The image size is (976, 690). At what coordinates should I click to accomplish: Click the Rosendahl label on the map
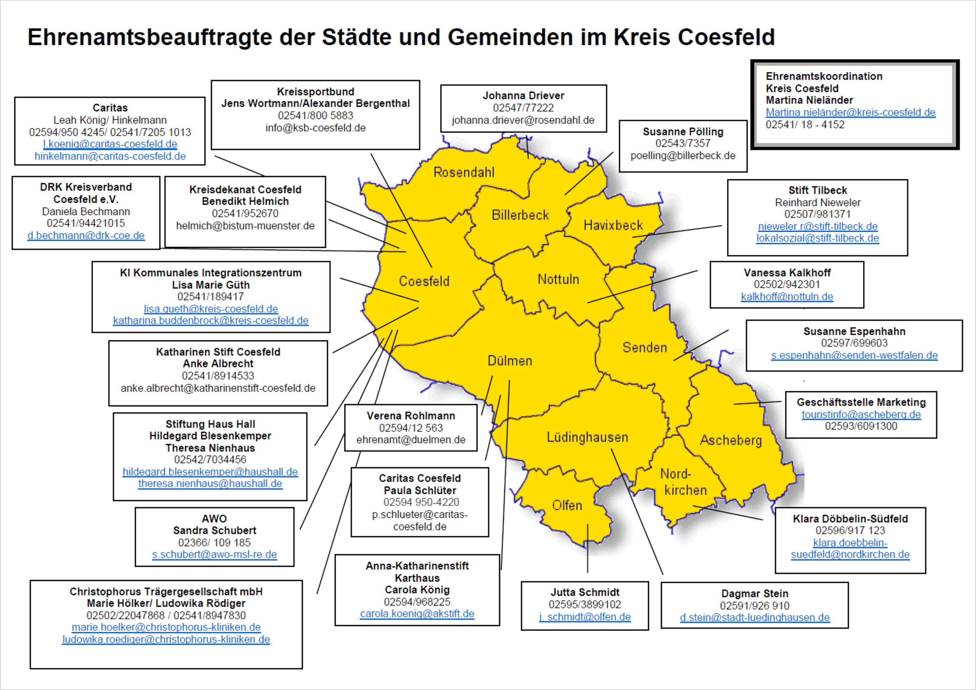pos(464,172)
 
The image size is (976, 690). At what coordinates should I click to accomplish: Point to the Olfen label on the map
pos(567,505)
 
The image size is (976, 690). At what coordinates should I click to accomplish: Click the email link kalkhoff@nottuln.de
pos(787,297)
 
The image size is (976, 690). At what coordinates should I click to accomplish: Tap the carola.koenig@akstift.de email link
pos(417,614)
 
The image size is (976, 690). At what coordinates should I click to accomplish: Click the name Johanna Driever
pos(523,96)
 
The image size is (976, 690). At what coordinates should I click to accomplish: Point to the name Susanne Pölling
pos(683,132)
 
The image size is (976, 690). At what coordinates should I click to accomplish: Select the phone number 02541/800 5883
pos(315,116)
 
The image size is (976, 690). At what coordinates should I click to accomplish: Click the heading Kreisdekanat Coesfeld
pos(245,190)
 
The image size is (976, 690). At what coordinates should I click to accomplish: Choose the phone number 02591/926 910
pos(755,606)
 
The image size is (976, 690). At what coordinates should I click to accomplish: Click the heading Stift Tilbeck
pos(817,190)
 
